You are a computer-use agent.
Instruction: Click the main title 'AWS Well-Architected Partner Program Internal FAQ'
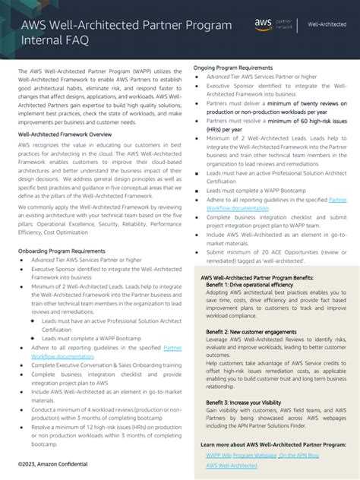pos(125,32)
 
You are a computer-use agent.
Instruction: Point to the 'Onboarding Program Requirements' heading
pos(62,229)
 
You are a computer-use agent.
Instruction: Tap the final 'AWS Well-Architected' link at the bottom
pos(232,465)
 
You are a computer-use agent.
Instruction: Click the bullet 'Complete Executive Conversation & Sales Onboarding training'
pos(106,365)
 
